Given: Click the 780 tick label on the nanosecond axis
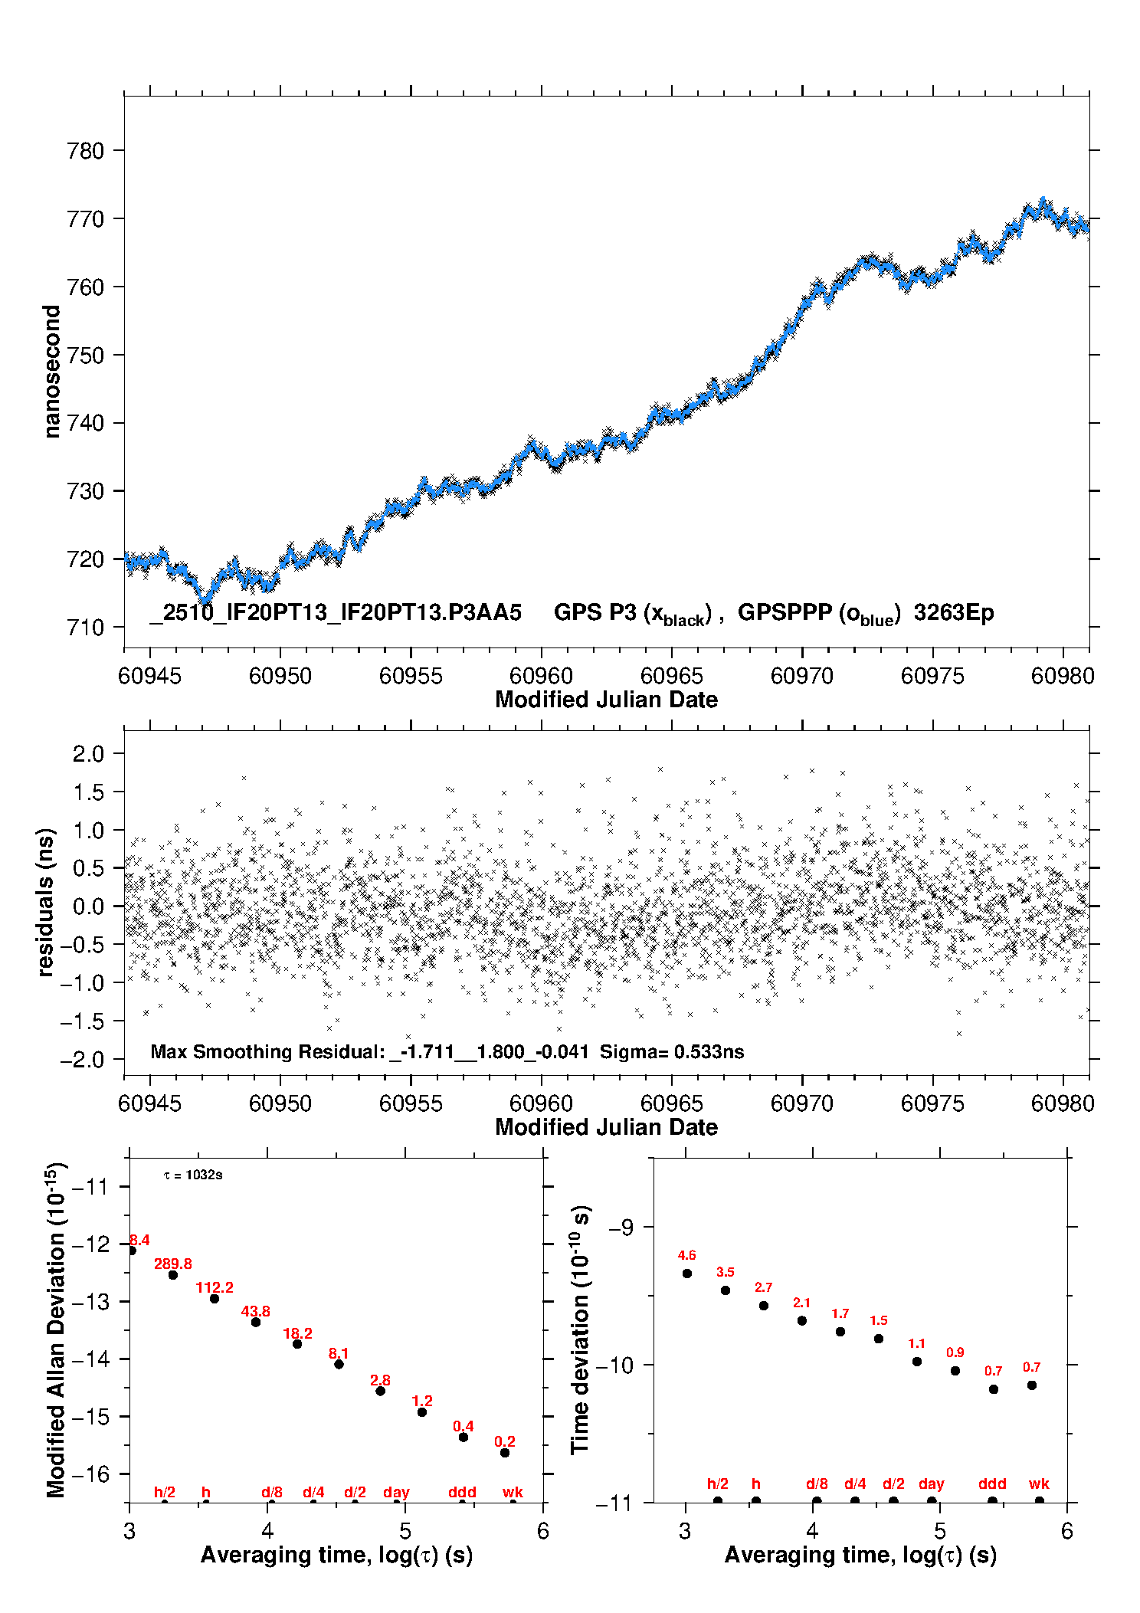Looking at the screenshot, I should point(85,151).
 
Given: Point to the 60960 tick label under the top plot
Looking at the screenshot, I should point(541,676).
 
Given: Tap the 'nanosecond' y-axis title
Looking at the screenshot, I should point(52,372).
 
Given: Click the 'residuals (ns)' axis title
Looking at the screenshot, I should point(46,902).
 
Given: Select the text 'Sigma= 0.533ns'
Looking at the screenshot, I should point(672,1051).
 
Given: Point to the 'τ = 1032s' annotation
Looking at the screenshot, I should point(193,1175).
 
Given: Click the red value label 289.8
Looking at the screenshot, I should point(173,1264).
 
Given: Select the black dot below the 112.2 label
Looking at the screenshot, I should point(215,1299).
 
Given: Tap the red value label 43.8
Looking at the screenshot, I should point(256,1311).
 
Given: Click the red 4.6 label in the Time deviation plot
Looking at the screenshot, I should point(686,1255).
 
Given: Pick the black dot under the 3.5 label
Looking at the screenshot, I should point(726,1290).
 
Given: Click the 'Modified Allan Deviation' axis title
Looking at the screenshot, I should point(56,1329).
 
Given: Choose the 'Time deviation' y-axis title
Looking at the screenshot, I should point(580,1329).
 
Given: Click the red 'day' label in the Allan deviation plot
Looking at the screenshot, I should point(396,1492).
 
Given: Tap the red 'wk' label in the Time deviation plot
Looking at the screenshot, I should point(1039,1484).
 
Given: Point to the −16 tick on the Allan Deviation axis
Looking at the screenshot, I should point(90,1474).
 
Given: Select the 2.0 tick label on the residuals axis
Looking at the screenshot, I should point(88,754).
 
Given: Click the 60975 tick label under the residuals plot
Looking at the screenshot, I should point(932,1103).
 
